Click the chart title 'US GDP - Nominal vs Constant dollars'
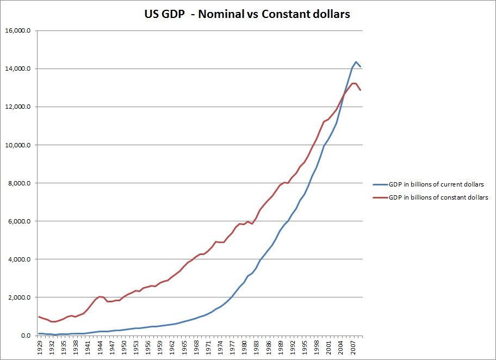point(244,15)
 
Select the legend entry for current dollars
point(437,184)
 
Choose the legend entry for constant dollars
point(438,197)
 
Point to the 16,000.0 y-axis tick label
point(21,31)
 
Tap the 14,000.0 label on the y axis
point(21,69)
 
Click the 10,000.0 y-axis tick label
point(21,145)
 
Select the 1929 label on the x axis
point(39,348)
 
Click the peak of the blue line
point(356,62)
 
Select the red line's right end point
point(361,90)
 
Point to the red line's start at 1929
point(39,316)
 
